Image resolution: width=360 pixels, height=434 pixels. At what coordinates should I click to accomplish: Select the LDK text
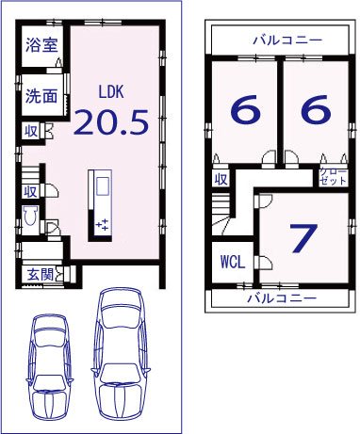(x=112, y=91)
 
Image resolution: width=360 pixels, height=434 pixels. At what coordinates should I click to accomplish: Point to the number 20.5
(x=112, y=122)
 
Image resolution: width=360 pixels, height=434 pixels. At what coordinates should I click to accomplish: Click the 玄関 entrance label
(x=38, y=275)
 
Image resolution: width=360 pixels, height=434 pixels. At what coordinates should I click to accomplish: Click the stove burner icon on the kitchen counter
(x=103, y=224)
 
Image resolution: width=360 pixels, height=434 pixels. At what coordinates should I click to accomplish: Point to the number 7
(x=302, y=238)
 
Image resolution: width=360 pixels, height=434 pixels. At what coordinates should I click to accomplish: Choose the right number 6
(x=316, y=110)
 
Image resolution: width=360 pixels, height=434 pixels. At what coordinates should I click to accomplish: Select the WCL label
(x=232, y=263)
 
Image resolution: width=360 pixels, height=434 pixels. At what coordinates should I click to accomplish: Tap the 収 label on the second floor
(x=221, y=179)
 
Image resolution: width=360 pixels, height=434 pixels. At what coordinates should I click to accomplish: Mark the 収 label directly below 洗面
(x=30, y=131)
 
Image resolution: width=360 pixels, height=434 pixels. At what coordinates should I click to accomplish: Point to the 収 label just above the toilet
(x=30, y=191)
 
